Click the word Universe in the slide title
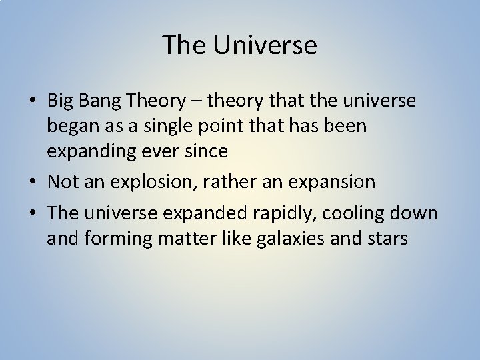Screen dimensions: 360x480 point(265,46)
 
